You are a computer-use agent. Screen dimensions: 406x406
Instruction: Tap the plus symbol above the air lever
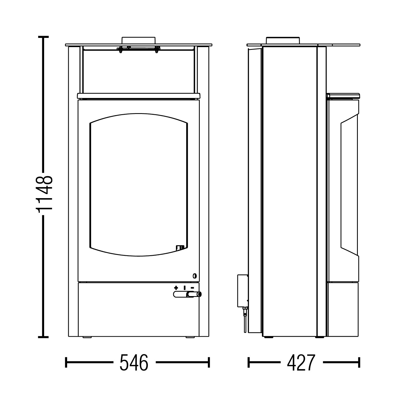(x=176, y=288)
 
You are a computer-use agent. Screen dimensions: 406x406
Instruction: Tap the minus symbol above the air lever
(x=192, y=288)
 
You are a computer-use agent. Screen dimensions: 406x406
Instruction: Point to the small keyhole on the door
(x=194, y=276)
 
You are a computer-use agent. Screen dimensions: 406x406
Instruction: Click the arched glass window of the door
(x=138, y=185)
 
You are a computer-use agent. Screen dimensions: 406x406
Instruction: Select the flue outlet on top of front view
(x=138, y=40)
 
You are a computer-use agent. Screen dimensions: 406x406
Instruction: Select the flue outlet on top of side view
(x=283, y=40)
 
